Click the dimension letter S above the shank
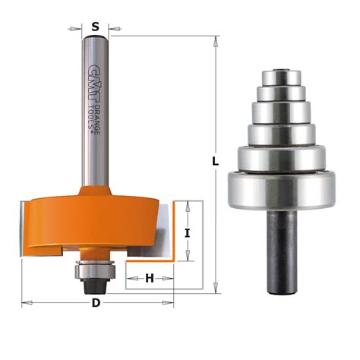coord(95,27)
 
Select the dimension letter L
coord(216,162)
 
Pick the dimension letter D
coord(96,304)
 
